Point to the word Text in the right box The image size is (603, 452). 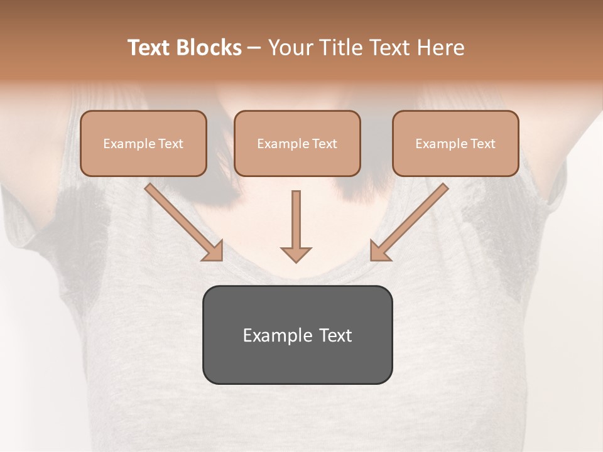483,144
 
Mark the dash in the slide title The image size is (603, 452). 254,48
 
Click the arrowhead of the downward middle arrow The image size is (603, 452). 296,254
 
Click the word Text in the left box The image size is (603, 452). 171,144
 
